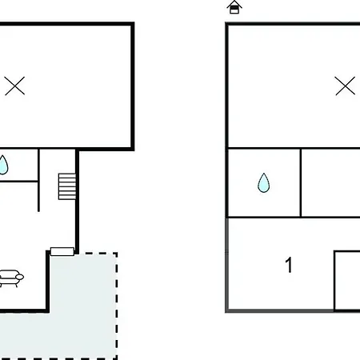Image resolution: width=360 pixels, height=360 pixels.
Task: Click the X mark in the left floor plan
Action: [x=14, y=86]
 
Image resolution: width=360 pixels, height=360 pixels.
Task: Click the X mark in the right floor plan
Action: [x=346, y=86]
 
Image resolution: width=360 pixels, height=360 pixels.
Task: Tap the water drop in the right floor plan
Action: [x=264, y=183]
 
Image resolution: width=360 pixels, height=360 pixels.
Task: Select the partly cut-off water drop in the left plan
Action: [x=3, y=165]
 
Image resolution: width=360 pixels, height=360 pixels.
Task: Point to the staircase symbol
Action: [x=67, y=186]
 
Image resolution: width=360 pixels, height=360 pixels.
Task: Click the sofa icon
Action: [x=10, y=278]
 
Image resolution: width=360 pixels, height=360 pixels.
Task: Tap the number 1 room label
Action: [x=289, y=265]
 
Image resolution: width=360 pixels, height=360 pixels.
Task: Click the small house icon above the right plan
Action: [x=234, y=7]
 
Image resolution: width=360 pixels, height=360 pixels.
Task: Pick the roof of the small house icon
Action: [x=234, y=4]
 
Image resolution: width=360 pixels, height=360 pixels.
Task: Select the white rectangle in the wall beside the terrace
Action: [x=62, y=251]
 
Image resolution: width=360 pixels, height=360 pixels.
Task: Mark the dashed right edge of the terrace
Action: [x=117, y=306]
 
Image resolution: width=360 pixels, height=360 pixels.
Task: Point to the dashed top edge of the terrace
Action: [x=96, y=253]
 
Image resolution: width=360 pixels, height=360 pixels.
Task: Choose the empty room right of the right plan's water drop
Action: [x=330, y=183]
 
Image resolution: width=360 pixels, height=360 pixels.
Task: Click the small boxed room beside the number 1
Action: [x=347, y=281]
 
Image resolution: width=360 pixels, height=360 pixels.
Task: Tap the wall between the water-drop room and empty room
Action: [x=301, y=183]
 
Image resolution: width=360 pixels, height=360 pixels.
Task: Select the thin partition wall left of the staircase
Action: [x=38, y=180]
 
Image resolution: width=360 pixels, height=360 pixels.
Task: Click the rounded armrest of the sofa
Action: [x=20, y=278]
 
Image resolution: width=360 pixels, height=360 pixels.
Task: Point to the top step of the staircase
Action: [x=67, y=175]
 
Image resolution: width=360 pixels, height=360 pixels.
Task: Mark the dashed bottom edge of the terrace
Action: [x=58, y=358]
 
